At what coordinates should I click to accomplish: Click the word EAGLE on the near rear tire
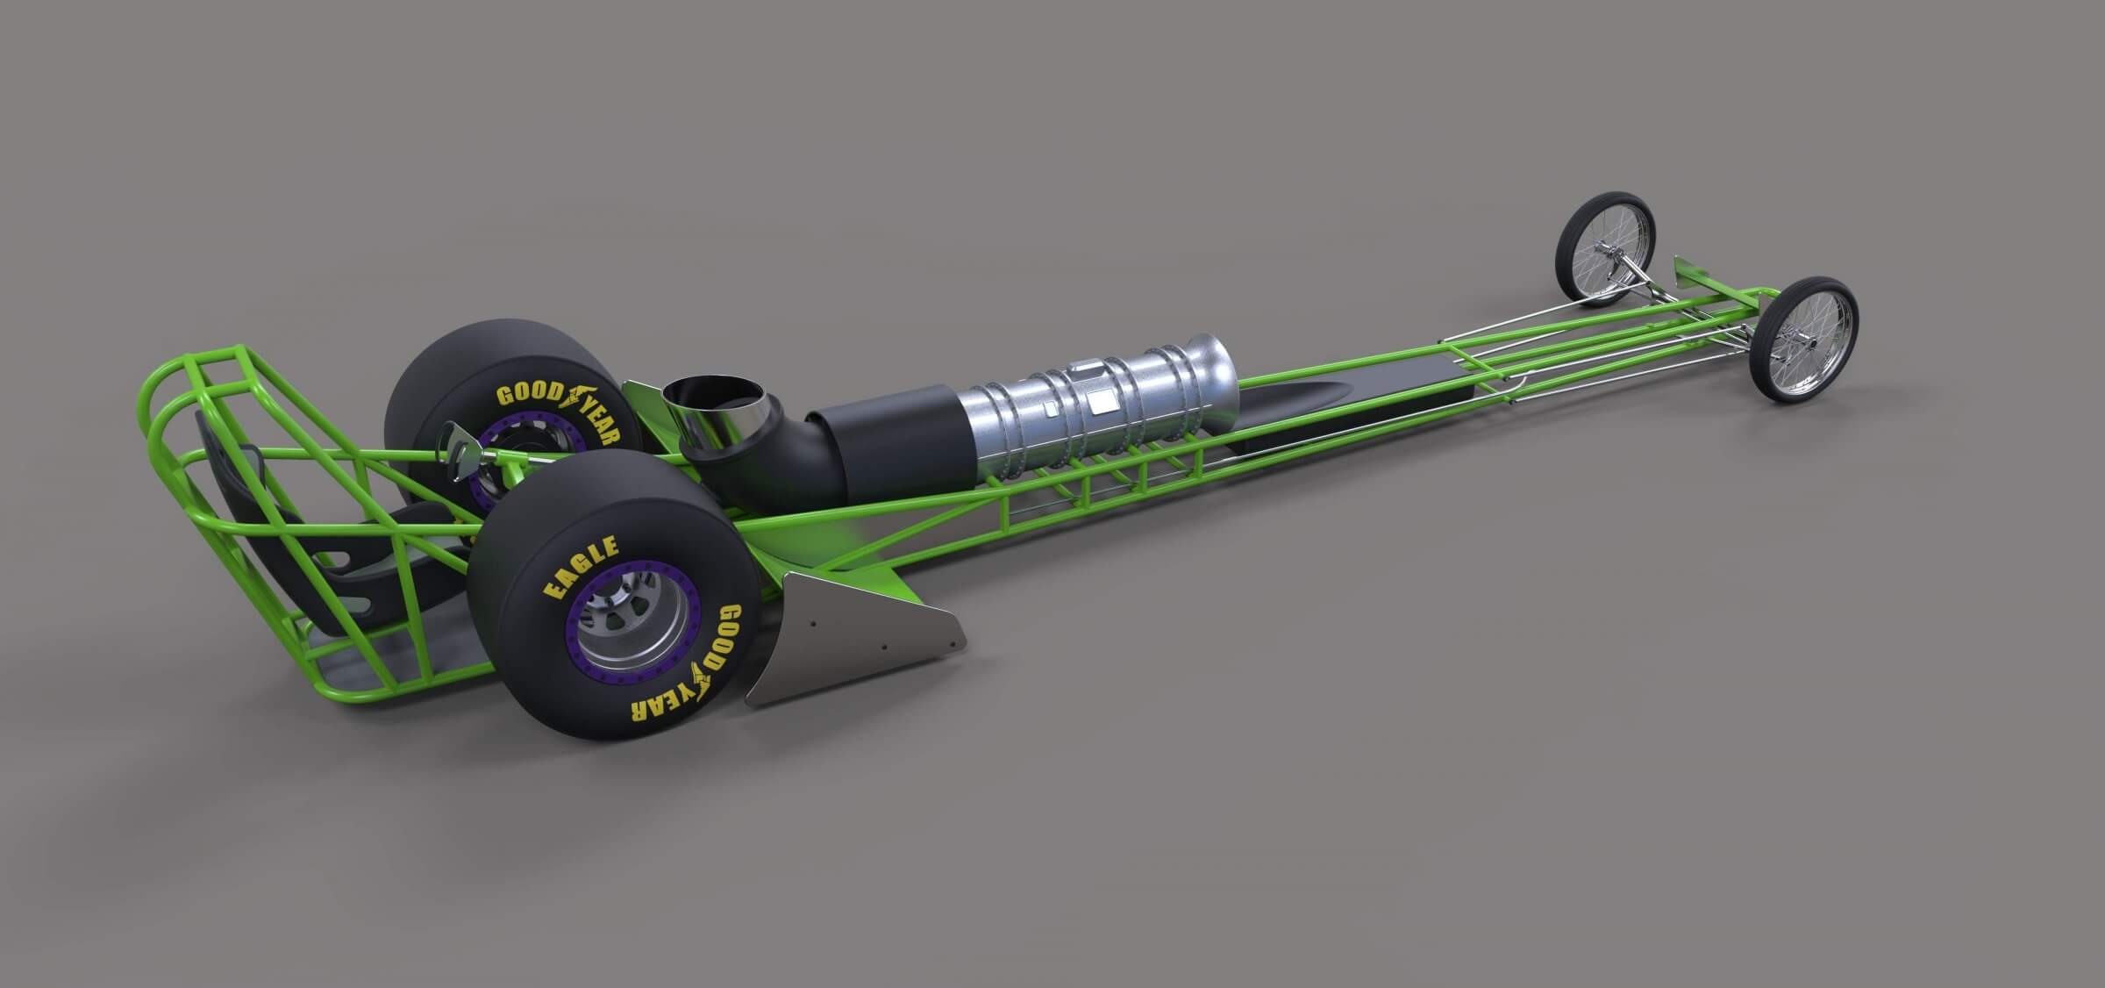[x=582, y=569]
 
